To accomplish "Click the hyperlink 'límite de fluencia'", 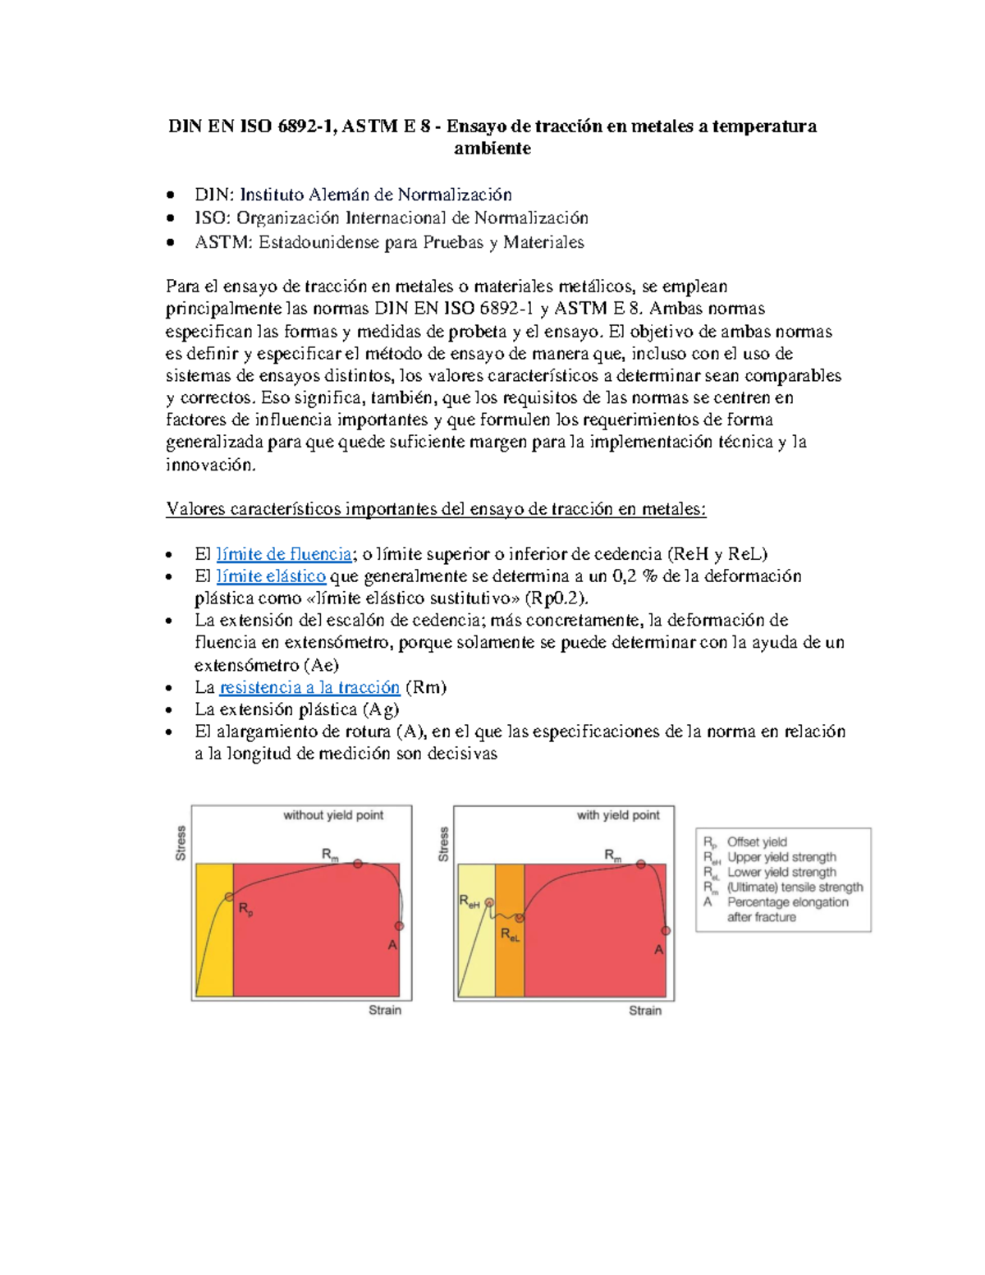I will pos(284,554).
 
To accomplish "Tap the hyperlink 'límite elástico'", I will pos(271,576).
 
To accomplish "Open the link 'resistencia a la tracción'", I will pos(309,687).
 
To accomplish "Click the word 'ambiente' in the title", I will pos(492,149).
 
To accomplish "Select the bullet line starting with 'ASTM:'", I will pos(389,242).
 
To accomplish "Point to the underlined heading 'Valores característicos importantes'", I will pos(436,509).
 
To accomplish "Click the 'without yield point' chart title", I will pos(333,815).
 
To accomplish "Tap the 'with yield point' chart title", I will pos(617,815).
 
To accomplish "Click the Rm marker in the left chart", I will pos(358,864).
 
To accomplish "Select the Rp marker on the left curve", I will pos(229,897).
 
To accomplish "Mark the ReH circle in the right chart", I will pos(490,902).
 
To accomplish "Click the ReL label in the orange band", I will pos(510,935).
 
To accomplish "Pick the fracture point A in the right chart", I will pos(666,931).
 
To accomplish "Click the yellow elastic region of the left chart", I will pos(213,944).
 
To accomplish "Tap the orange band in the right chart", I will pos(510,969).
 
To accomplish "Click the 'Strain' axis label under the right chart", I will pos(644,1011).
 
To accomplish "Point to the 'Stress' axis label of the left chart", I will pos(181,843).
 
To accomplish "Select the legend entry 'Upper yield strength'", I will pos(781,857).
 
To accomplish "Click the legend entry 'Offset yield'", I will pos(756,842).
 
